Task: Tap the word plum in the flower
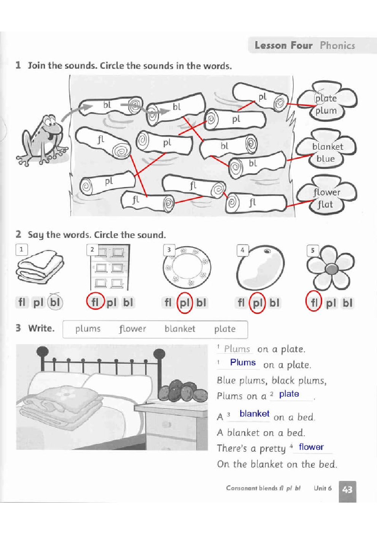[326, 111]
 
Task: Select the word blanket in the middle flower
[328, 147]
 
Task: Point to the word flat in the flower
[325, 205]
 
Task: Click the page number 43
[347, 490]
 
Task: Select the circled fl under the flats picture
[95, 302]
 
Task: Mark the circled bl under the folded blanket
[55, 302]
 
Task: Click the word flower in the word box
[132, 329]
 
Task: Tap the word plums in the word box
[88, 329]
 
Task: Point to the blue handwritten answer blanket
[254, 414]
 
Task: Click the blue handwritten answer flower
[311, 447]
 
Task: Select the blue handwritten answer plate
[289, 394]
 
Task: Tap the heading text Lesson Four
[284, 46]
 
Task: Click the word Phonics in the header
[337, 46]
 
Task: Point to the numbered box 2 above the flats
[92, 250]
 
